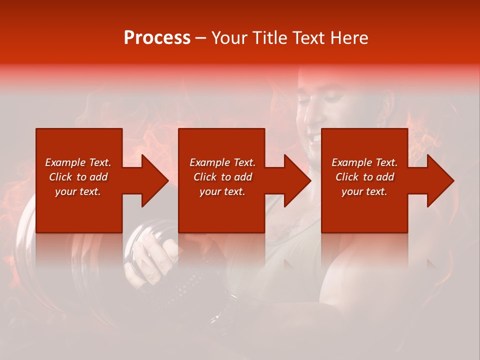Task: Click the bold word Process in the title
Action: [x=157, y=38]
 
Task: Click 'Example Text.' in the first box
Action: [x=78, y=162]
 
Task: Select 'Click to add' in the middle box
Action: [x=222, y=177]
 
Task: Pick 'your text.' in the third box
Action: [x=364, y=191]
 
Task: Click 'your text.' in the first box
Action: [x=78, y=191]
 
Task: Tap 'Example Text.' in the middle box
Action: [x=222, y=162]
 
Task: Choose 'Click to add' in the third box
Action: [x=364, y=177]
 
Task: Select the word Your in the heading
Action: [x=230, y=38]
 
